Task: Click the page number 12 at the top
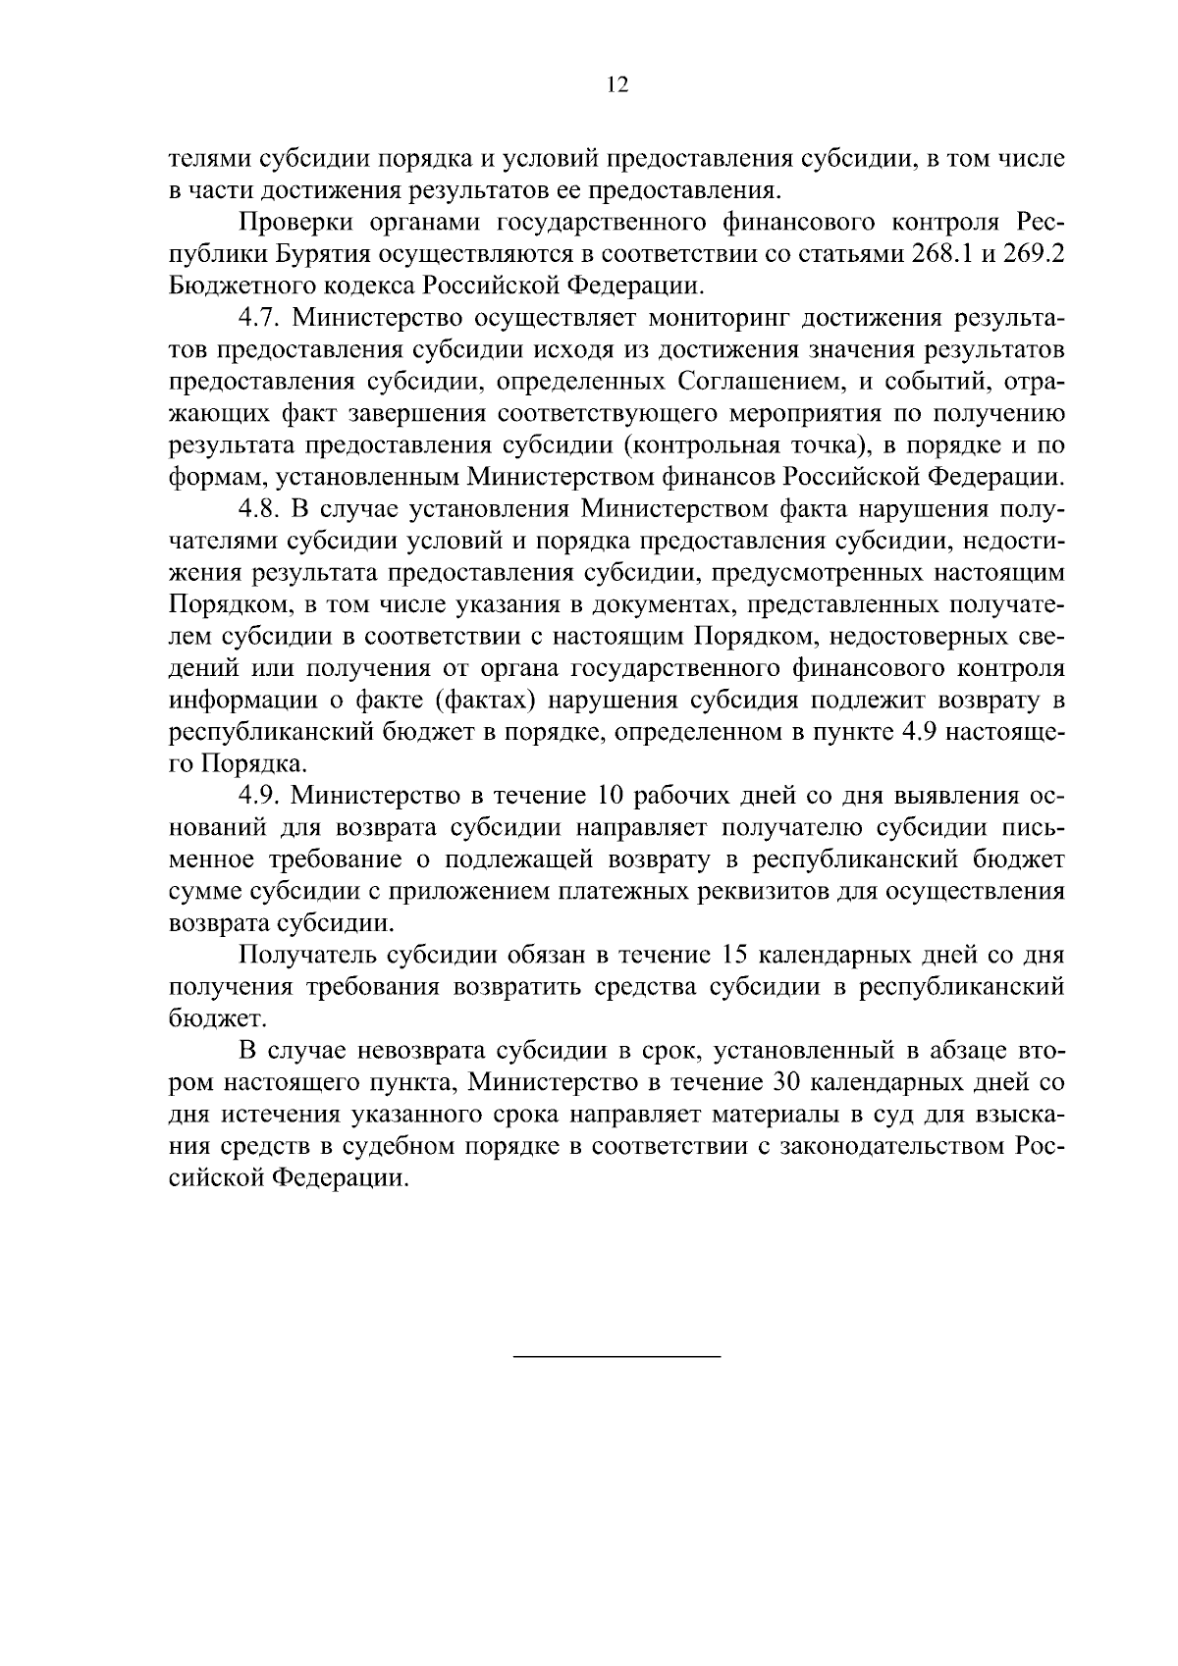tap(616, 84)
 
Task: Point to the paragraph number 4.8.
tap(260, 509)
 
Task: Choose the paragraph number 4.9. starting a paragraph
tap(260, 796)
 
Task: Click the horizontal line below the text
tap(616, 1357)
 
